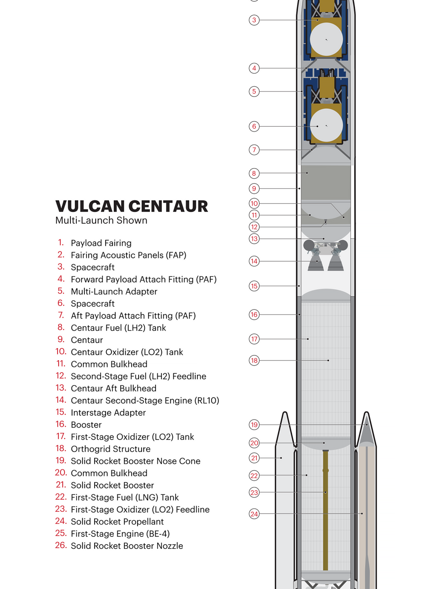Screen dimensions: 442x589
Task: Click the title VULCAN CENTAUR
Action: tap(132, 206)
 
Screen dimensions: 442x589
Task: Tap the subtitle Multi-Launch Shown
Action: tap(101, 220)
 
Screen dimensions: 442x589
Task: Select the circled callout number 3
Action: tap(254, 20)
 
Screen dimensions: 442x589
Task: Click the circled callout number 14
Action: tap(254, 261)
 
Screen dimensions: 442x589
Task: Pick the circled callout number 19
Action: tap(254, 424)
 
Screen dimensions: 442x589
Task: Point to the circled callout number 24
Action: tap(254, 514)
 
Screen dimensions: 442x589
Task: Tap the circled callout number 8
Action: tap(254, 173)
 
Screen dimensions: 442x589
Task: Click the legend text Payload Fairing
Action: tap(101, 243)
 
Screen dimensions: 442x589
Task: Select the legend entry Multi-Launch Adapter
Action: tap(114, 291)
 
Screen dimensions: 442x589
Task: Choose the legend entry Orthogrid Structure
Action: tap(111, 449)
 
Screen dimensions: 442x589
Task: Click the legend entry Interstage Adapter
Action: tap(108, 413)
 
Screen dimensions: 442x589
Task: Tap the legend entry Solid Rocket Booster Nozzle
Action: tap(127, 546)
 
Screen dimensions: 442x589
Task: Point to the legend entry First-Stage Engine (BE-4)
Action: tap(120, 534)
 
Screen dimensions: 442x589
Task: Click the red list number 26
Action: tap(61, 545)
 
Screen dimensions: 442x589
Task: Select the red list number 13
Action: tap(61, 388)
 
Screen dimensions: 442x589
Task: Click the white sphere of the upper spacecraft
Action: tap(326, 39)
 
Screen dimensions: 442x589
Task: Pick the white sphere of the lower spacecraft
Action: tap(326, 125)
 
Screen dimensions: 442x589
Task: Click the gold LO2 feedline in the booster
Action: tap(325, 510)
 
